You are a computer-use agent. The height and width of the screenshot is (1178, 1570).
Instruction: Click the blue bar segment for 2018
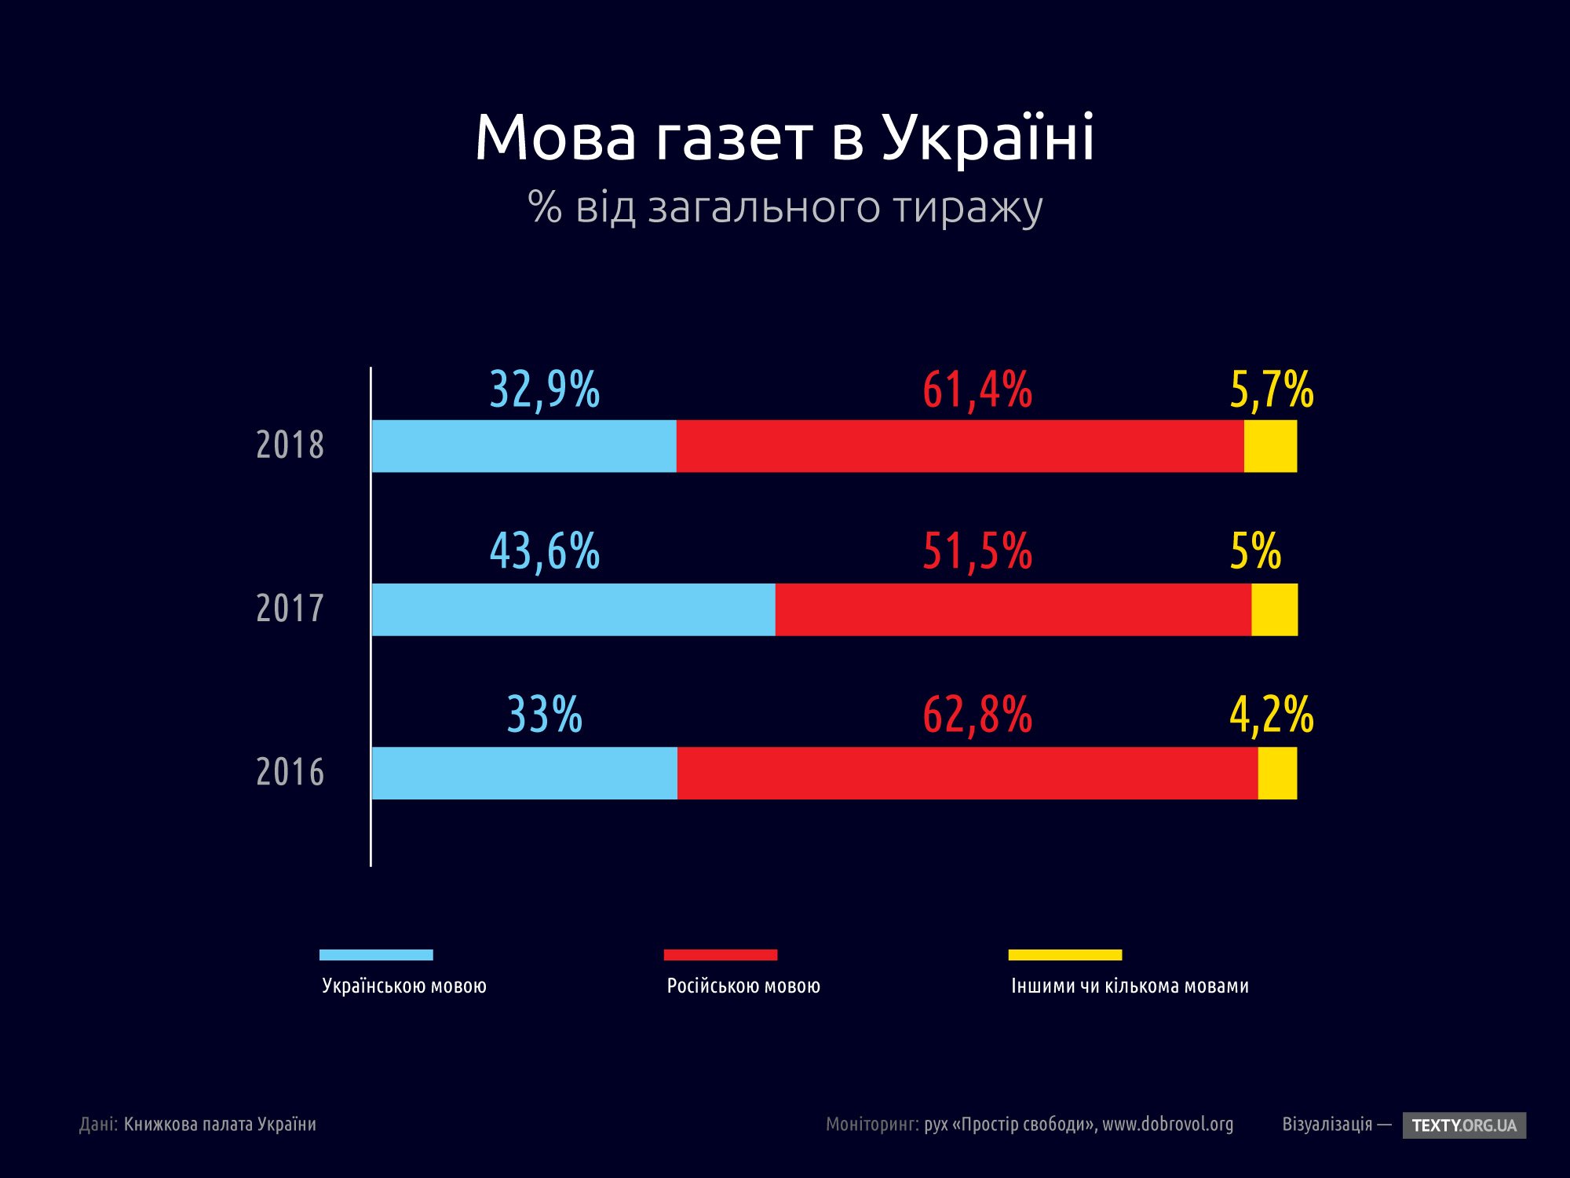pos(524,446)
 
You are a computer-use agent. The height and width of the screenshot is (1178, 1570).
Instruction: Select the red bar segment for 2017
pos(1013,609)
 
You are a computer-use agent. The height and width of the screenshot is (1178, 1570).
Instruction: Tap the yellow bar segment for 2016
pos(1277,774)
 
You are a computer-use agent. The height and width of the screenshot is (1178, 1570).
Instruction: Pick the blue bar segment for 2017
pos(573,609)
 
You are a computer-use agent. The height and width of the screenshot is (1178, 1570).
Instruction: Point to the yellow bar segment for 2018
pos(1270,446)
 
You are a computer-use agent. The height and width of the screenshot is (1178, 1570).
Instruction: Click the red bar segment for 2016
pos(967,774)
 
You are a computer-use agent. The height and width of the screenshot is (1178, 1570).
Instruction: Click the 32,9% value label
pos(545,390)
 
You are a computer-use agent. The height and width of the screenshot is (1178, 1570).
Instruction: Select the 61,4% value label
pos(977,390)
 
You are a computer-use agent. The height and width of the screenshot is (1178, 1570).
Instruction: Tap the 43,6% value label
pos(545,551)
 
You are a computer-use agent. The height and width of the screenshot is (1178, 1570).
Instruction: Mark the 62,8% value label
pos(977,715)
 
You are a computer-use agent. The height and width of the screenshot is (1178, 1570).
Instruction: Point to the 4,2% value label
pos(1271,715)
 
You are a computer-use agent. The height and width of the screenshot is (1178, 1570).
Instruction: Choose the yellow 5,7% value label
pos(1271,390)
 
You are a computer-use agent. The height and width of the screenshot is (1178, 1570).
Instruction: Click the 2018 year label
pos(290,445)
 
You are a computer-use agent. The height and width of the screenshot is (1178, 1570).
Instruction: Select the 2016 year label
pos(290,773)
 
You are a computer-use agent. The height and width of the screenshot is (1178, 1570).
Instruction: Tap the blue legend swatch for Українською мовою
pos(376,955)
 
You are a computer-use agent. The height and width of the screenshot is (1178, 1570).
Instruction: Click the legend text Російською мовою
pos(743,986)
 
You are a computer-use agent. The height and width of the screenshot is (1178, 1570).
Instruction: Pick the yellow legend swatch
pos(1064,955)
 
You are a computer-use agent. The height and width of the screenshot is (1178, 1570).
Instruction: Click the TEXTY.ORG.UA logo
pos(1464,1125)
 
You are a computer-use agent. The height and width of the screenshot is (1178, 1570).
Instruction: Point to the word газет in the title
pos(735,138)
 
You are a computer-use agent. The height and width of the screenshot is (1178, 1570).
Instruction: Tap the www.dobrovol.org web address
pos(1167,1125)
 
